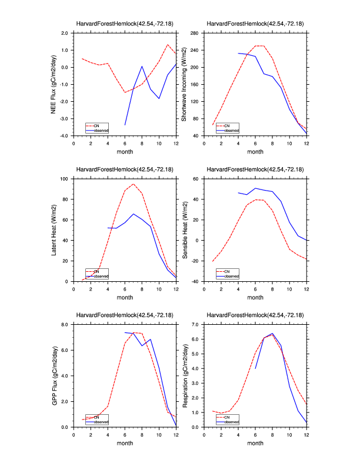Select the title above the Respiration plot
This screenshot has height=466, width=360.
coord(255,315)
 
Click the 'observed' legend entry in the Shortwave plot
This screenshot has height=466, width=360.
coord(231,130)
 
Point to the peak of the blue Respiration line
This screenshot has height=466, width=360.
coord(272,334)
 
